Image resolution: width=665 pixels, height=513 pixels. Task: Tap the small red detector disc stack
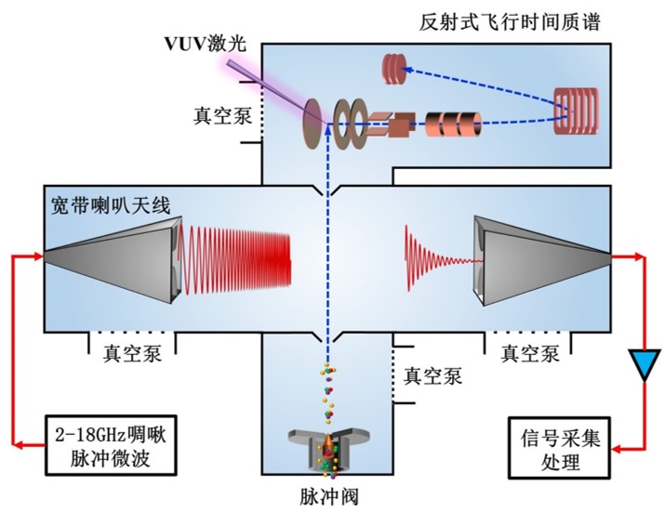click(x=395, y=67)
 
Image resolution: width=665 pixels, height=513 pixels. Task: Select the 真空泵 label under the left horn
click(x=130, y=352)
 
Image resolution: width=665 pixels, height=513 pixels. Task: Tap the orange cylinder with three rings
click(x=452, y=124)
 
